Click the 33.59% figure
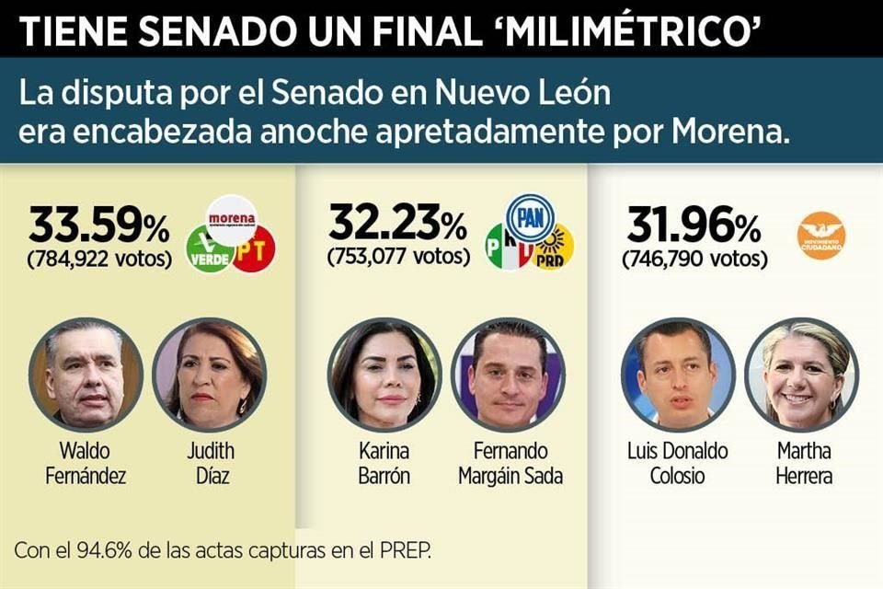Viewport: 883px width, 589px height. (99, 226)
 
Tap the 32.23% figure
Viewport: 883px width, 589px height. (396, 224)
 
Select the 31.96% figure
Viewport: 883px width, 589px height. (694, 225)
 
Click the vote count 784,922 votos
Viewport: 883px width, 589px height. (99, 258)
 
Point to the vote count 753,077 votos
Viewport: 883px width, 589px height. (398, 256)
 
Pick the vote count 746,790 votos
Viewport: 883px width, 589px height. (694, 259)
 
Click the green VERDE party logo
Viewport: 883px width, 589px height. (208, 250)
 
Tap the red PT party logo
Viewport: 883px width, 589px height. (254, 249)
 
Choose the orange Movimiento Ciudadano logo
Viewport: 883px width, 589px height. (820, 235)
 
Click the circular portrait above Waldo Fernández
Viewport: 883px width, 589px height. (86, 374)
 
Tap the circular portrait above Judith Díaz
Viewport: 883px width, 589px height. (210, 374)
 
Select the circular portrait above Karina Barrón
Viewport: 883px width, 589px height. (384, 374)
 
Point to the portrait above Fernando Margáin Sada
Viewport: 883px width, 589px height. (508, 374)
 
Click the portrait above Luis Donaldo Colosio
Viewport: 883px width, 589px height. (678, 374)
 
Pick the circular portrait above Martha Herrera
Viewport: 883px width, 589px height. (801, 374)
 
